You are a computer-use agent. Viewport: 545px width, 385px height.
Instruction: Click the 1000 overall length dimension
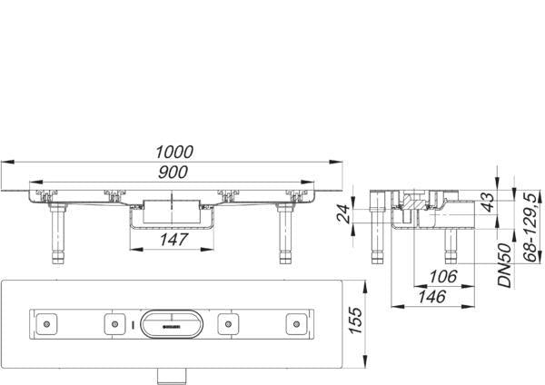tap(174, 153)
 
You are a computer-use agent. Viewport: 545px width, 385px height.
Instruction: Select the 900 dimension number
tap(173, 173)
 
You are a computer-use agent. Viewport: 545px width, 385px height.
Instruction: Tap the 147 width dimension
tap(173, 240)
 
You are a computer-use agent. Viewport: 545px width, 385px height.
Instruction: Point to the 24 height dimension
tap(343, 214)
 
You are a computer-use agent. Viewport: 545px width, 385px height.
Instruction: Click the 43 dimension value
tap(489, 202)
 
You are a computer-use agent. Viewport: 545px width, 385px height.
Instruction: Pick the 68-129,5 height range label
tap(530, 228)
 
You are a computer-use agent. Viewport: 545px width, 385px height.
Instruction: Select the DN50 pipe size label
tap(505, 265)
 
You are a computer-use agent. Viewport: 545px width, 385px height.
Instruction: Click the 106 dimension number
tap(443, 277)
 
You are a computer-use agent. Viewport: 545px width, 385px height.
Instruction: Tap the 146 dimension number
tap(432, 297)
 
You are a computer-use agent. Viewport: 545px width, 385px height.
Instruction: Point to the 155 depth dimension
tap(355, 321)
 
